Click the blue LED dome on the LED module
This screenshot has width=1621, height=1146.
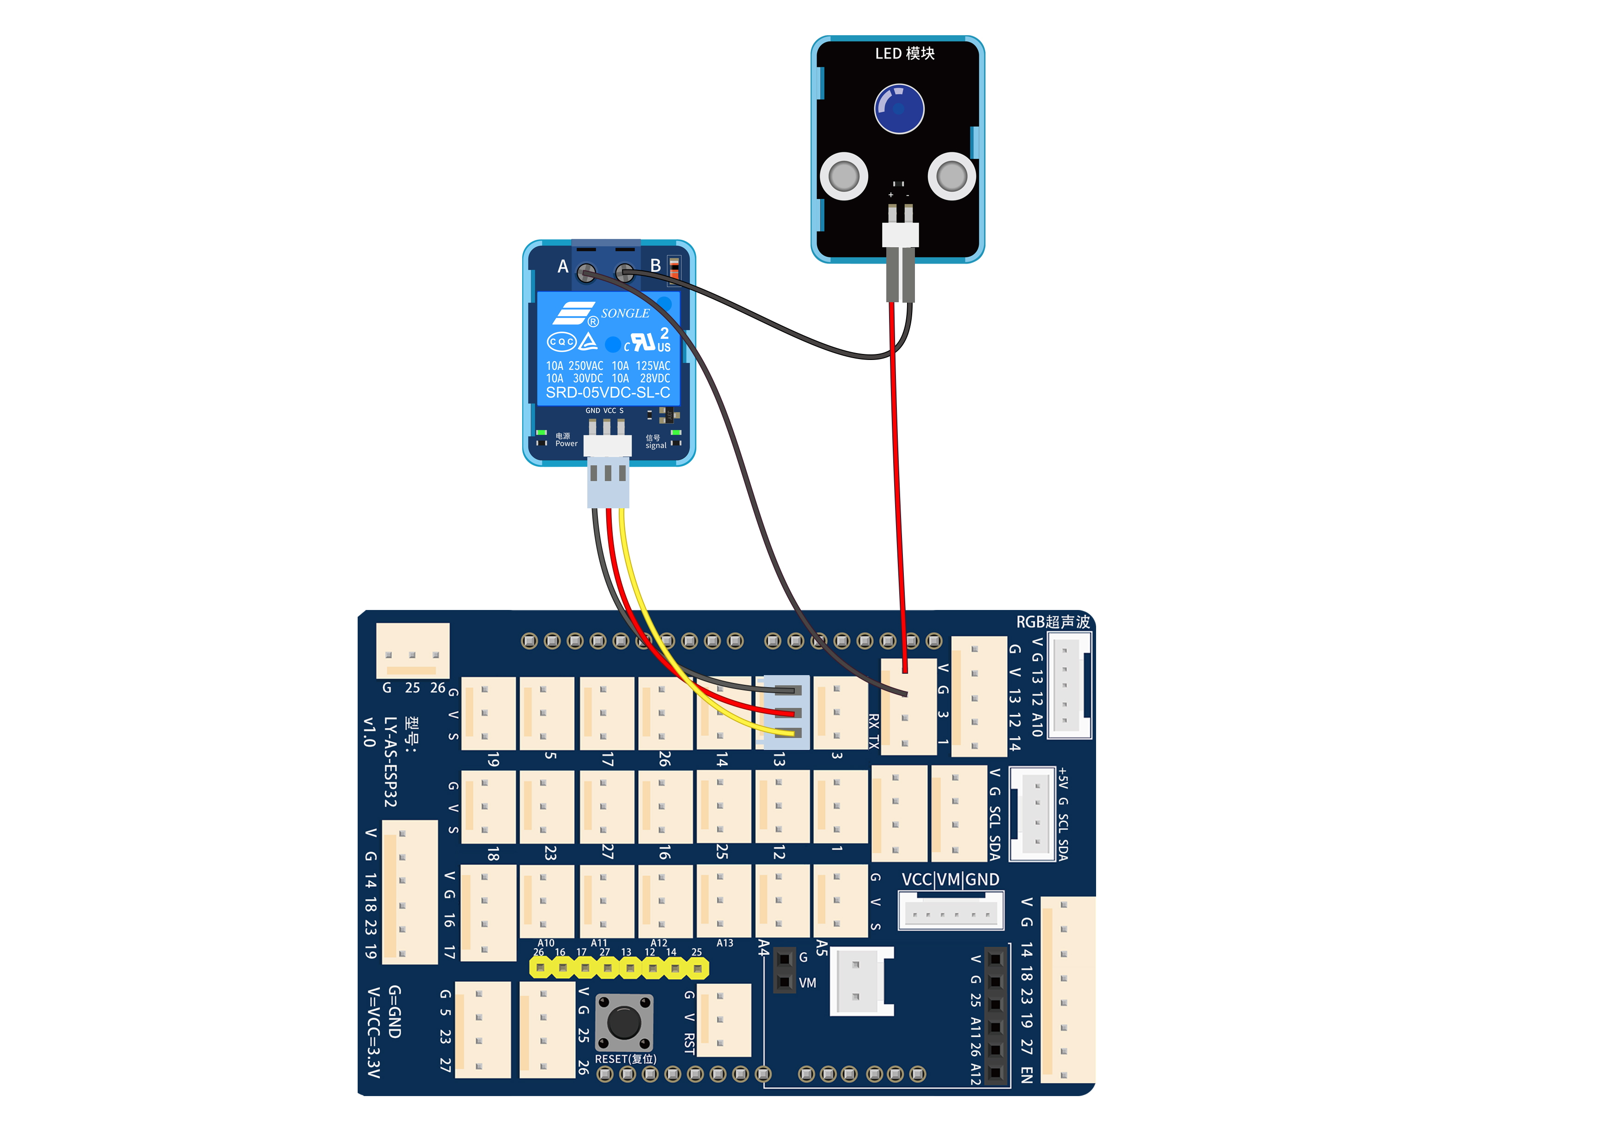(899, 109)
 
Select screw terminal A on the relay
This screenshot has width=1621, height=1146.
(585, 273)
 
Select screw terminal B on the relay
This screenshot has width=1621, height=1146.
(624, 273)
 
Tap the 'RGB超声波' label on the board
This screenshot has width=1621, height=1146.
(1053, 622)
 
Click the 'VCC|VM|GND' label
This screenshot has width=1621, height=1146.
(951, 879)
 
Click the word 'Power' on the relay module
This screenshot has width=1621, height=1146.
(566, 444)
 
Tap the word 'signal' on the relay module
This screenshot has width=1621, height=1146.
(656, 445)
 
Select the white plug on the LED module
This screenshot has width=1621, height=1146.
(900, 234)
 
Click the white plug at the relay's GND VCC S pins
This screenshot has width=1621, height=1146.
(607, 445)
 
